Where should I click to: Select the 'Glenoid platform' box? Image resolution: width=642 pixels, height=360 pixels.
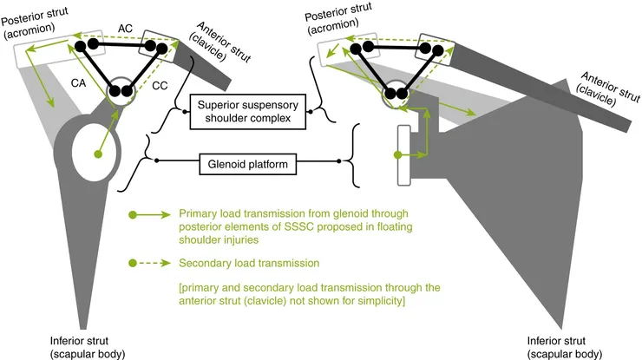pyautogui.click(x=247, y=161)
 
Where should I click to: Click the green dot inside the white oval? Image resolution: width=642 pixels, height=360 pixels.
pyautogui.click(x=97, y=154)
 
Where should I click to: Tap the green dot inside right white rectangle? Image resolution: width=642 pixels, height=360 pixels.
pyautogui.click(x=397, y=154)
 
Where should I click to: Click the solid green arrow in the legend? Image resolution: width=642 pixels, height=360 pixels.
pyautogui.click(x=149, y=213)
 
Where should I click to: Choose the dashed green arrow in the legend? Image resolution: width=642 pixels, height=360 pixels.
pyautogui.click(x=149, y=262)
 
